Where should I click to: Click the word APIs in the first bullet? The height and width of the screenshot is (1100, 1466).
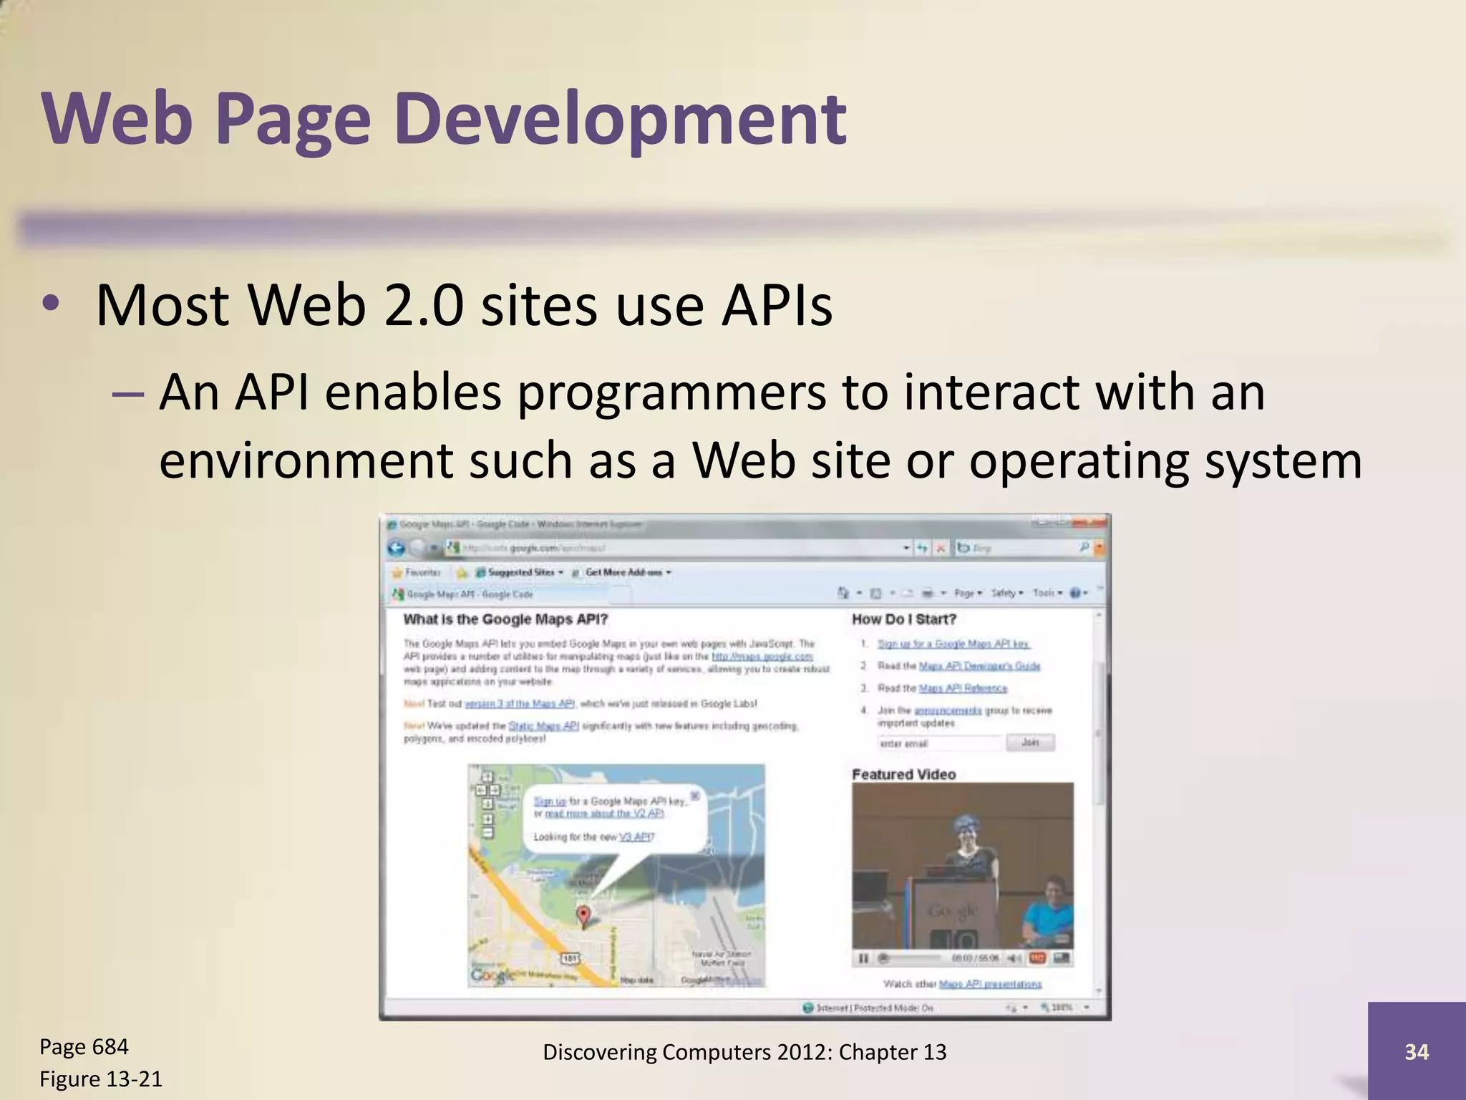pos(777,306)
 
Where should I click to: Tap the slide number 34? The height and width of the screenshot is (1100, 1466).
pos(1416,1051)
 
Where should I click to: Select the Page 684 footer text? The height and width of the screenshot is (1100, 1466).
pos(84,1046)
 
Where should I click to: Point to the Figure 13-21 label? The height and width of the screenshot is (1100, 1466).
pos(101,1079)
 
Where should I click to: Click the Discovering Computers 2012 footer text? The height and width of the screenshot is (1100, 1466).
pos(744,1051)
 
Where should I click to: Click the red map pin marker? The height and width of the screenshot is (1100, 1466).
pos(583,915)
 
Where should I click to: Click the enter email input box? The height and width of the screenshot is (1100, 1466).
pos(939,743)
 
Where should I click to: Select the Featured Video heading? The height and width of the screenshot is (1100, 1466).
pos(903,774)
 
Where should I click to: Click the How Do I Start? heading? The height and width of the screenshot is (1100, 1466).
pos(903,619)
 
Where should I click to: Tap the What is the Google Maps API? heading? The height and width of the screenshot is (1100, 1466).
pos(505,619)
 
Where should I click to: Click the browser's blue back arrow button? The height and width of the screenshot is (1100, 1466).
pos(396,548)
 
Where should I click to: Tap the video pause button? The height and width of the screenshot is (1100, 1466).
pos(863,958)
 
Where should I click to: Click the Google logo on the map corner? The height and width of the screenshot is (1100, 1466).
pos(492,975)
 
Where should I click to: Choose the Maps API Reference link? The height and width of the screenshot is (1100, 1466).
pos(963,688)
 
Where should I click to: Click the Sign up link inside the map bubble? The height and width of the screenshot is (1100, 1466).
pos(550,801)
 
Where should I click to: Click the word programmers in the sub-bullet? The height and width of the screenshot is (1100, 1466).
pos(671,393)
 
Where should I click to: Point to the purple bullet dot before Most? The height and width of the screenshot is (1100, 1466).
pos(49,304)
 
